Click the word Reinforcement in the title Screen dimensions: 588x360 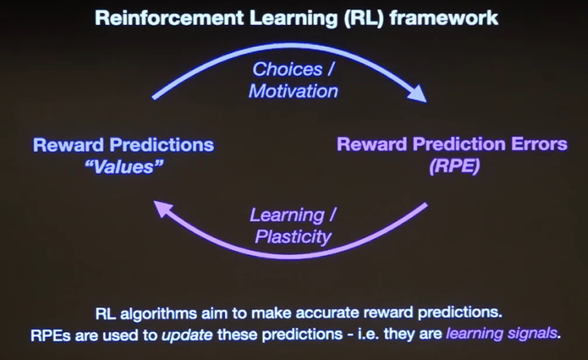[170, 18]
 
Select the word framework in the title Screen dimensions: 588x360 [444, 18]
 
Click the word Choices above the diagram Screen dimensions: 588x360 [287, 69]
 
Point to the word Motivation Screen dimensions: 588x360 [293, 91]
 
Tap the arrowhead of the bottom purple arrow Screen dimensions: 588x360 [164, 209]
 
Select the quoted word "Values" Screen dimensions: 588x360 [124, 167]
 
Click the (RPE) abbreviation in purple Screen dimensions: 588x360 [454, 166]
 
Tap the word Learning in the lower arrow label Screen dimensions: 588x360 [287, 215]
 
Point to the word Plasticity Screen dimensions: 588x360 [293, 237]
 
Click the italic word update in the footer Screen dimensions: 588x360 [187, 335]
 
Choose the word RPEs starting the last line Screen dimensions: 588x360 [50, 335]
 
